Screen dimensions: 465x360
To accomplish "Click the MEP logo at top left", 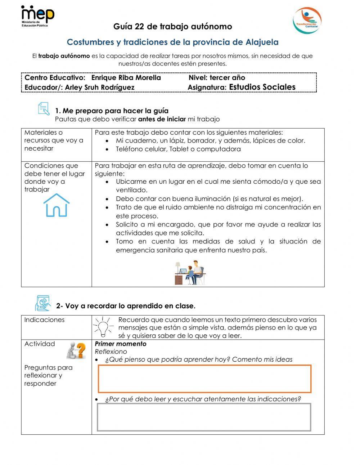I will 37,16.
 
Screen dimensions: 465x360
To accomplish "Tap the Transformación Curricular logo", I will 307,20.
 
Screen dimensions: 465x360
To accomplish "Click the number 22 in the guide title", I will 139,27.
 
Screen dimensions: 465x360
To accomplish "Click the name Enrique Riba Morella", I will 126,78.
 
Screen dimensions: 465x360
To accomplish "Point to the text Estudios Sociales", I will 262,87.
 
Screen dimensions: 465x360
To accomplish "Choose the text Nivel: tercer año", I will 217,78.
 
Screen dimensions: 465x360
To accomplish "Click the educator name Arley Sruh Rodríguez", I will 100,88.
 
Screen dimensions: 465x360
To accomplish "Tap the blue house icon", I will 56,205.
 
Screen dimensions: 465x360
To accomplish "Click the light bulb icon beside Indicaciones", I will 103,326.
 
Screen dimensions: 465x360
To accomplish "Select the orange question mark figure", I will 76,350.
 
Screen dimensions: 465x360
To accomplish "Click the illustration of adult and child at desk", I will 190,273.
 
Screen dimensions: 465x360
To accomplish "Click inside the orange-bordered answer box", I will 204,379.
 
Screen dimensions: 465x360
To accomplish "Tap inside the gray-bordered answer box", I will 204,417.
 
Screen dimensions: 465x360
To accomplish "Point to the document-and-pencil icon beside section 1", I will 44,109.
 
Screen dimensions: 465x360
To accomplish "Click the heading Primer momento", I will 121,344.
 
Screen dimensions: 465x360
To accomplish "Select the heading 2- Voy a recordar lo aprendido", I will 126,306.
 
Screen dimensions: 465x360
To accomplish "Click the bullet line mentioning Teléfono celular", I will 178,149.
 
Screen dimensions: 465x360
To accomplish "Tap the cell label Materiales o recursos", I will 54,140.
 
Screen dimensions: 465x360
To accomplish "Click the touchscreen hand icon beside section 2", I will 43,303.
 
